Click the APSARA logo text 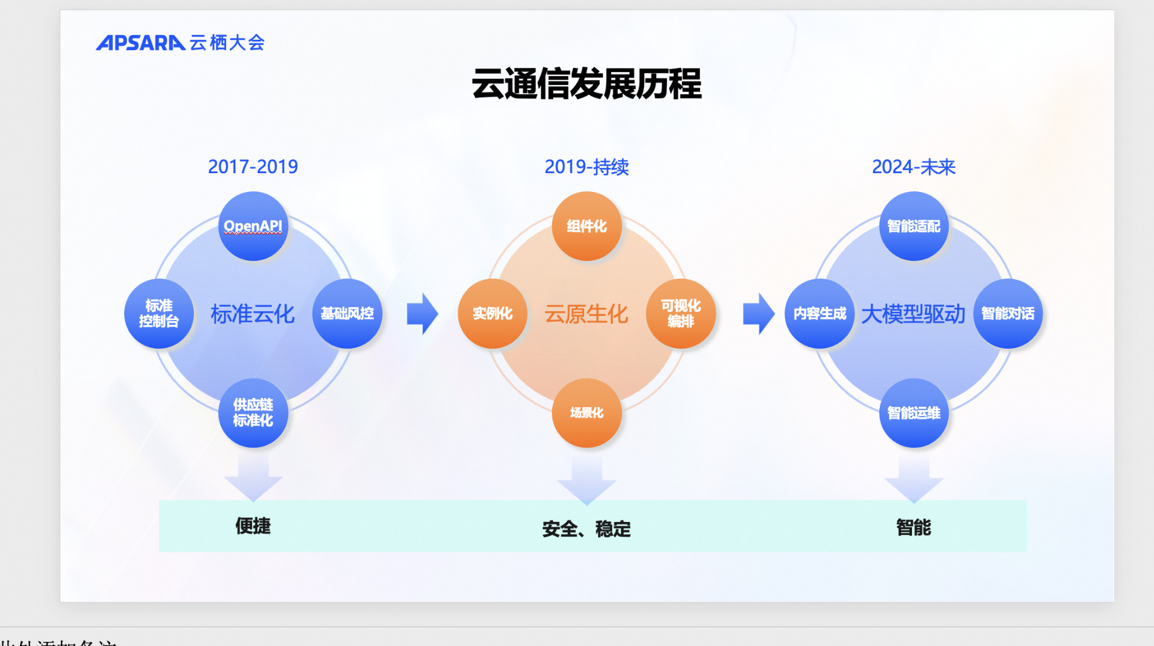click(x=141, y=43)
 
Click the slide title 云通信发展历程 click(x=586, y=84)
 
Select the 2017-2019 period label click(x=253, y=167)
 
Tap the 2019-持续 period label click(x=586, y=167)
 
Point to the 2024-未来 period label click(x=913, y=167)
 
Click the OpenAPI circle click(x=253, y=226)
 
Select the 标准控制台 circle click(x=159, y=314)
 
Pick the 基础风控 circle click(x=347, y=314)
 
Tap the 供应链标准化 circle click(x=253, y=413)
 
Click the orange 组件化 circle click(x=586, y=226)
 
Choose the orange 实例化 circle click(x=493, y=314)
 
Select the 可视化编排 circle click(x=681, y=314)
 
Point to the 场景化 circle click(x=586, y=413)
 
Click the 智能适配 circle click(x=913, y=226)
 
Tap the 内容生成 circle click(x=820, y=314)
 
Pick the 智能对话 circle click(x=1008, y=314)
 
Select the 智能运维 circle click(x=913, y=413)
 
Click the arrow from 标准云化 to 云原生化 click(x=422, y=314)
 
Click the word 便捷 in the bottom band click(x=253, y=525)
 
